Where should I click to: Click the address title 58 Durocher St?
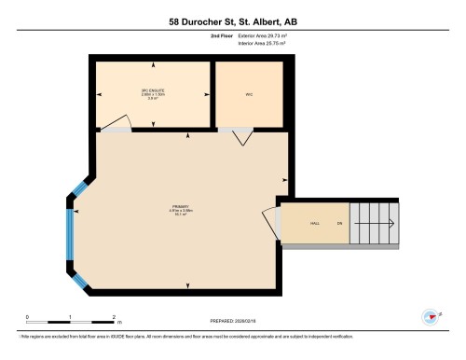click(x=233, y=21)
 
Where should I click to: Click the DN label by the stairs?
click(x=340, y=224)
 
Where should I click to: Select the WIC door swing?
click(x=242, y=136)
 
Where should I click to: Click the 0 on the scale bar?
click(x=27, y=317)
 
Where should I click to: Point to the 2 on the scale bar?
click(x=114, y=317)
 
